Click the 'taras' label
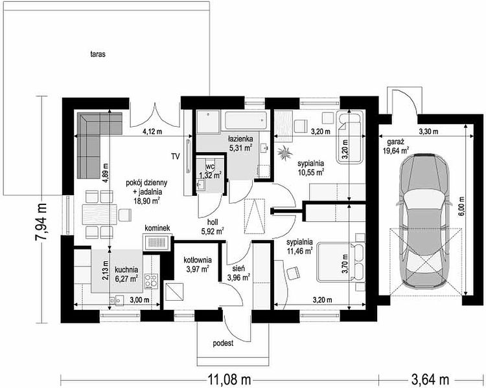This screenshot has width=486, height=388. [98, 54]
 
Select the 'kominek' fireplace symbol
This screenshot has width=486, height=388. [157, 242]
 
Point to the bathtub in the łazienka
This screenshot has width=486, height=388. [246, 120]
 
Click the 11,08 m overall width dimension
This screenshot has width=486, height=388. [229, 379]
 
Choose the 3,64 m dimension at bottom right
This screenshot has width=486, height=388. [430, 379]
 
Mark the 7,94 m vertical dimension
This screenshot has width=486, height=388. [41, 222]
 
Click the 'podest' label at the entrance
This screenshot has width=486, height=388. [223, 343]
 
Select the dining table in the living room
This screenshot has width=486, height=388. [100, 214]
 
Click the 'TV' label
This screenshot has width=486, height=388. [176, 156]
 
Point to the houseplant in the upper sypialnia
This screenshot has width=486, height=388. [284, 153]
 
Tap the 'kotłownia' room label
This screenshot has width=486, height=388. [198, 260]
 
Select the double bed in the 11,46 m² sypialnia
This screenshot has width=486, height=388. [341, 263]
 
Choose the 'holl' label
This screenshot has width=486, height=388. [213, 222]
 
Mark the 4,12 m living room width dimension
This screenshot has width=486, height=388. [152, 131]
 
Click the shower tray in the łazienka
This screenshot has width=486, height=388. [208, 122]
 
